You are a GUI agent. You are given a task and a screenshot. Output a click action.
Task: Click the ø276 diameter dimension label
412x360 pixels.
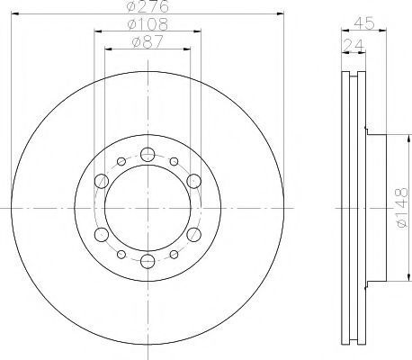click(148, 6)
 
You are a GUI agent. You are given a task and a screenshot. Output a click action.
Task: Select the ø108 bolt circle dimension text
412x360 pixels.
click(148, 24)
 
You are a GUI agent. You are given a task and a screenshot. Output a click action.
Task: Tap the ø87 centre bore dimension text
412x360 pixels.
click(148, 41)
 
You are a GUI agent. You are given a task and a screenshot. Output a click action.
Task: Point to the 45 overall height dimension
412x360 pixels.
click(364, 23)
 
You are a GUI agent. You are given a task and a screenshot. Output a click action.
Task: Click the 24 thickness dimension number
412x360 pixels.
click(354, 45)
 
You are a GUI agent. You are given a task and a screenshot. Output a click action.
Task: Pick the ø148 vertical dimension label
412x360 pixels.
click(402, 208)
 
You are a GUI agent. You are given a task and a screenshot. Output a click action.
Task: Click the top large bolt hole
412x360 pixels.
click(148, 155)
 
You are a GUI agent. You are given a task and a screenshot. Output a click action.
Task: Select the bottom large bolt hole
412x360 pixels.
click(148, 261)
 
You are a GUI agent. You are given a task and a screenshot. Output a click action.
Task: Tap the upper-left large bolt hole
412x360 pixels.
click(102, 181)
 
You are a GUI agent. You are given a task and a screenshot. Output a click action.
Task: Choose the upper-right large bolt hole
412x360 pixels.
click(193, 181)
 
